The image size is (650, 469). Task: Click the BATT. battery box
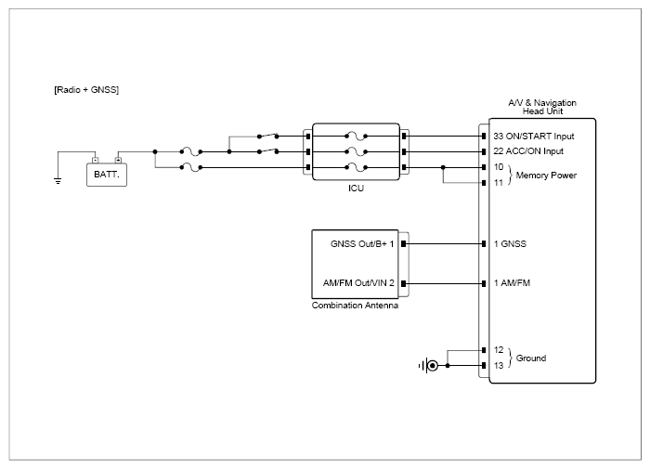click(107, 175)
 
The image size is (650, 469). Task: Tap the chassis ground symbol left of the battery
click(58, 181)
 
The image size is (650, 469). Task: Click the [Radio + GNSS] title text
click(86, 89)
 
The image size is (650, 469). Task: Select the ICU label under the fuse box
click(356, 189)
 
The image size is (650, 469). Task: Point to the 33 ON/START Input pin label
click(534, 136)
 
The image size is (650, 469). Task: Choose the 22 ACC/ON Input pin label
click(528, 151)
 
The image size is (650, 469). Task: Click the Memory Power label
click(546, 176)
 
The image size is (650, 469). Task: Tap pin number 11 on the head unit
click(499, 182)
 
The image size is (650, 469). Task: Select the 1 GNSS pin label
click(510, 244)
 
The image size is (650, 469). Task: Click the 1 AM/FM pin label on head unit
click(512, 283)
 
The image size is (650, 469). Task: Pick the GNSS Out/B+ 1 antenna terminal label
click(362, 244)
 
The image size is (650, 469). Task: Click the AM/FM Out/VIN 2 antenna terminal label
click(358, 283)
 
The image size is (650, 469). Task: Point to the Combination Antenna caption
click(355, 306)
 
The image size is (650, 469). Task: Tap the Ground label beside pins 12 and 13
click(530, 358)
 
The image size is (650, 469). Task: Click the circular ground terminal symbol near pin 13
click(433, 366)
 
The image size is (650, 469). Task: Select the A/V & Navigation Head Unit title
click(542, 107)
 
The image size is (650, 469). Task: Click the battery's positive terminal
click(118, 160)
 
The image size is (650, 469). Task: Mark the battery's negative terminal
click(96, 160)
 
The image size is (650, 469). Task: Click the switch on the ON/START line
click(267, 136)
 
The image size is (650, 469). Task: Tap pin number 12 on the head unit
click(499, 350)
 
